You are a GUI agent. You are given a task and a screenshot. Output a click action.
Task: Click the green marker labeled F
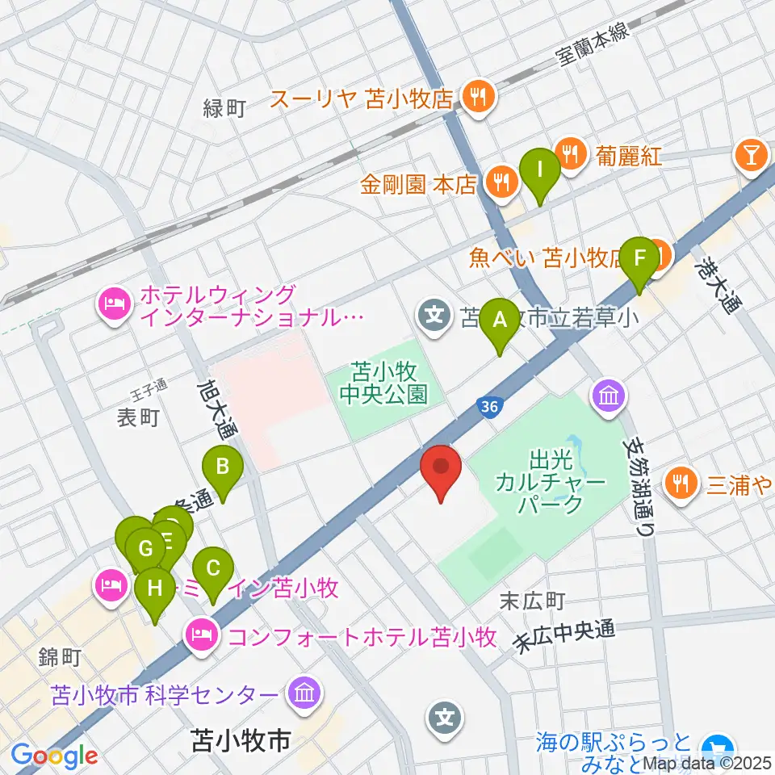point(640,260)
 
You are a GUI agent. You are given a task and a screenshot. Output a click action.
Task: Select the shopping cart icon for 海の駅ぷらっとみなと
point(714,747)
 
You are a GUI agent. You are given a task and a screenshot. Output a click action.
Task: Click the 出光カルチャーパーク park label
point(562,483)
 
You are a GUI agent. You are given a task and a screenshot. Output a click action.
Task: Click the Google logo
point(54,755)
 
